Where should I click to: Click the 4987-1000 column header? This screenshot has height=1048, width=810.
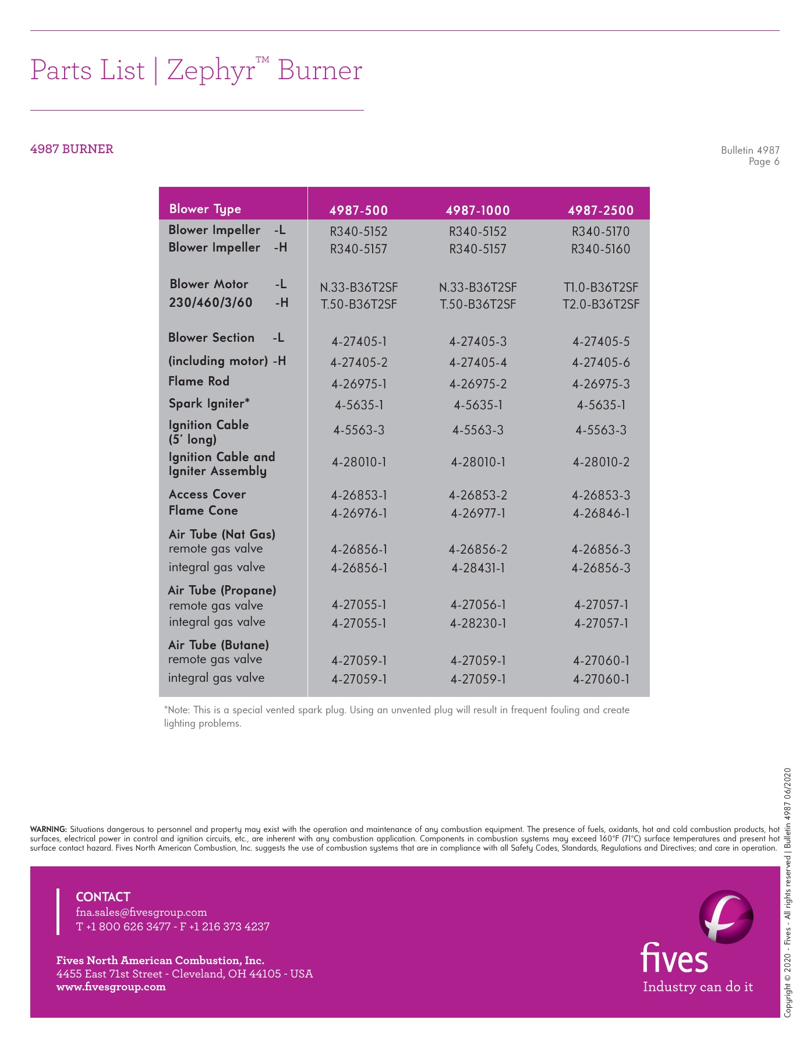(477, 210)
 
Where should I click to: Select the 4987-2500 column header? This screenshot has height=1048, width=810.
(600, 210)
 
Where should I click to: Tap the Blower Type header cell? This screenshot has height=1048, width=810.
(205, 209)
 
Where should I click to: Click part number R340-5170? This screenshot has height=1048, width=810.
(600, 232)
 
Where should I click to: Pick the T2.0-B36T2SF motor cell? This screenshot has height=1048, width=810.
(600, 304)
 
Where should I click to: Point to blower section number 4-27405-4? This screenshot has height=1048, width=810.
(477, 363)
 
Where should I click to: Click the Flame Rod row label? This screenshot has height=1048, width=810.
(199, 381)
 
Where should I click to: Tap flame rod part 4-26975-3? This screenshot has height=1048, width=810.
(600, 384)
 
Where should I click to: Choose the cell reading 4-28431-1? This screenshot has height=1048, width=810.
(477, 568)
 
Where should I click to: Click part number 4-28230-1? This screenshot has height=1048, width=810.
(477, 624)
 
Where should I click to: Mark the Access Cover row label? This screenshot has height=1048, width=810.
(207, 494)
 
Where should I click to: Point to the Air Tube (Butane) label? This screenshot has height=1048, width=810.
(218, 645)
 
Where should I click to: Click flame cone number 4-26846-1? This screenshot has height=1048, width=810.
(600, 514)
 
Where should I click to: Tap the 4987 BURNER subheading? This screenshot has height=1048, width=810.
(72, 149)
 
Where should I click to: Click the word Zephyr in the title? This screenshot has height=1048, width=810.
(211, 71)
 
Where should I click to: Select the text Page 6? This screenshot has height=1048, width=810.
(763, 162)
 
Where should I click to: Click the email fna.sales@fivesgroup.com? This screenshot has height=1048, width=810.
(142, 912)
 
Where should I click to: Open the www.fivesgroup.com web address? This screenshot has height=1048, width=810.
(111, 986)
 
